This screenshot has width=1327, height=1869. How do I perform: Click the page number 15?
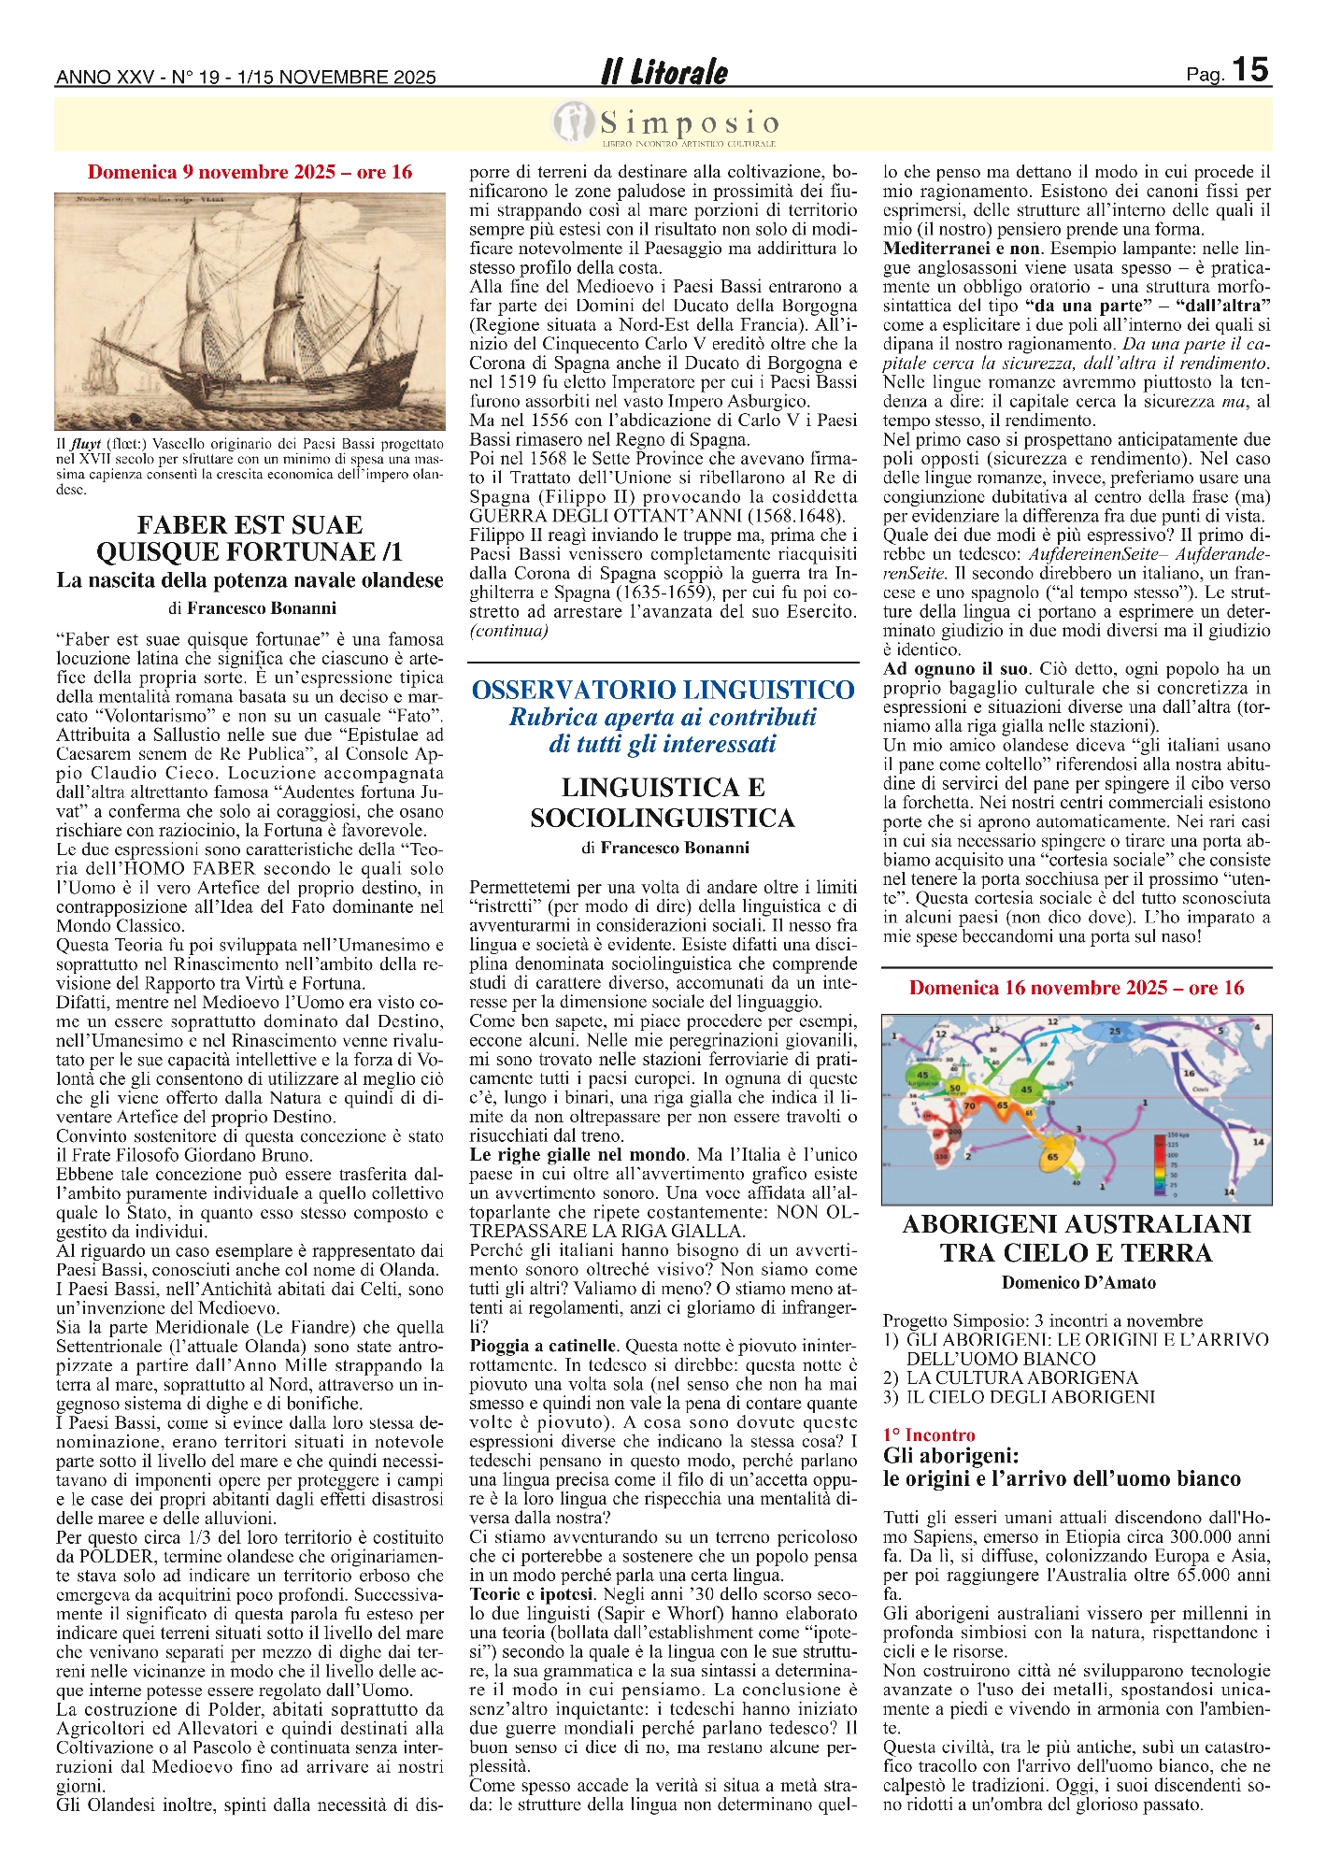tap(1249, 70)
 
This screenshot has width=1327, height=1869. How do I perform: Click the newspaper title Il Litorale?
tap(664, 73)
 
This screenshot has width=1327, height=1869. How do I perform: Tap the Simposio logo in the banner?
tap(664, 124)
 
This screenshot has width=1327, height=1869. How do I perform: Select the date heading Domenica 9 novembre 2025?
tap(250, 172)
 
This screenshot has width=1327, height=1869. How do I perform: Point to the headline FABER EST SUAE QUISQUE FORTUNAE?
tap(250, 538)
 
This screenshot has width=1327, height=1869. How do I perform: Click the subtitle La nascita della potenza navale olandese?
tap(250, 580)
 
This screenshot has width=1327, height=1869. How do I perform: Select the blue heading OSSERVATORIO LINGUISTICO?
tap(663, 690)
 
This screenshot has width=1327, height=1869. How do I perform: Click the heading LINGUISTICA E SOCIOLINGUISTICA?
tap(663, 803)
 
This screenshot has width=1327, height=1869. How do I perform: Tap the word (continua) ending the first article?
tap(509, 631)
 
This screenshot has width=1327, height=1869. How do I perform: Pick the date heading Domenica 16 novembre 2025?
tap(1077, 988)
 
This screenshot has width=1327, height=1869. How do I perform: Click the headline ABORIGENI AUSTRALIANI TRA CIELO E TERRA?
tap(1077, 1238)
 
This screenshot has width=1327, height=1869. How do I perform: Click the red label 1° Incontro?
tap(929, 1434)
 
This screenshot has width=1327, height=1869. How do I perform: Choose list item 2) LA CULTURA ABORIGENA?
tap(1011, 1377)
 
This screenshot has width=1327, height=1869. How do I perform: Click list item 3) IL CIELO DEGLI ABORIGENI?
tap(1019, 1397)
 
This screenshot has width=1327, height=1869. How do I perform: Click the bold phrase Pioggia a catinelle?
tap(543, 1346)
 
